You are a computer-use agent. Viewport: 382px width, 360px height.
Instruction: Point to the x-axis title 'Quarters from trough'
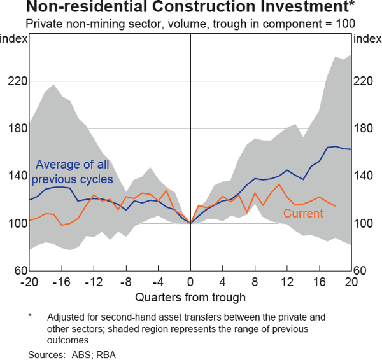click(x=190, y=296)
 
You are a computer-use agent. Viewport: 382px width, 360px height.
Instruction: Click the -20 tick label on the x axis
click(x=29, y=281)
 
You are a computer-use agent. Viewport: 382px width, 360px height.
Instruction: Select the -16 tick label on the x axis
click(x=62, y=281)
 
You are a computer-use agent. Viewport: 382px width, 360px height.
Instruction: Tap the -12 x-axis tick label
click(x=94, y=281)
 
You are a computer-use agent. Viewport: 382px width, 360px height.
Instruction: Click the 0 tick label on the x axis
click(x=190, y=281)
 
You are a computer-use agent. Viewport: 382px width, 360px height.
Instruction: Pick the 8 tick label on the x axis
click(x=255, y=281)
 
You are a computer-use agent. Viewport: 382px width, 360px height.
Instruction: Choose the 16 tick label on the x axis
click(x=319, y=281)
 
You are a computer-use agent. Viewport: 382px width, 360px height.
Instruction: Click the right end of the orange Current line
click(x=335, y=206)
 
